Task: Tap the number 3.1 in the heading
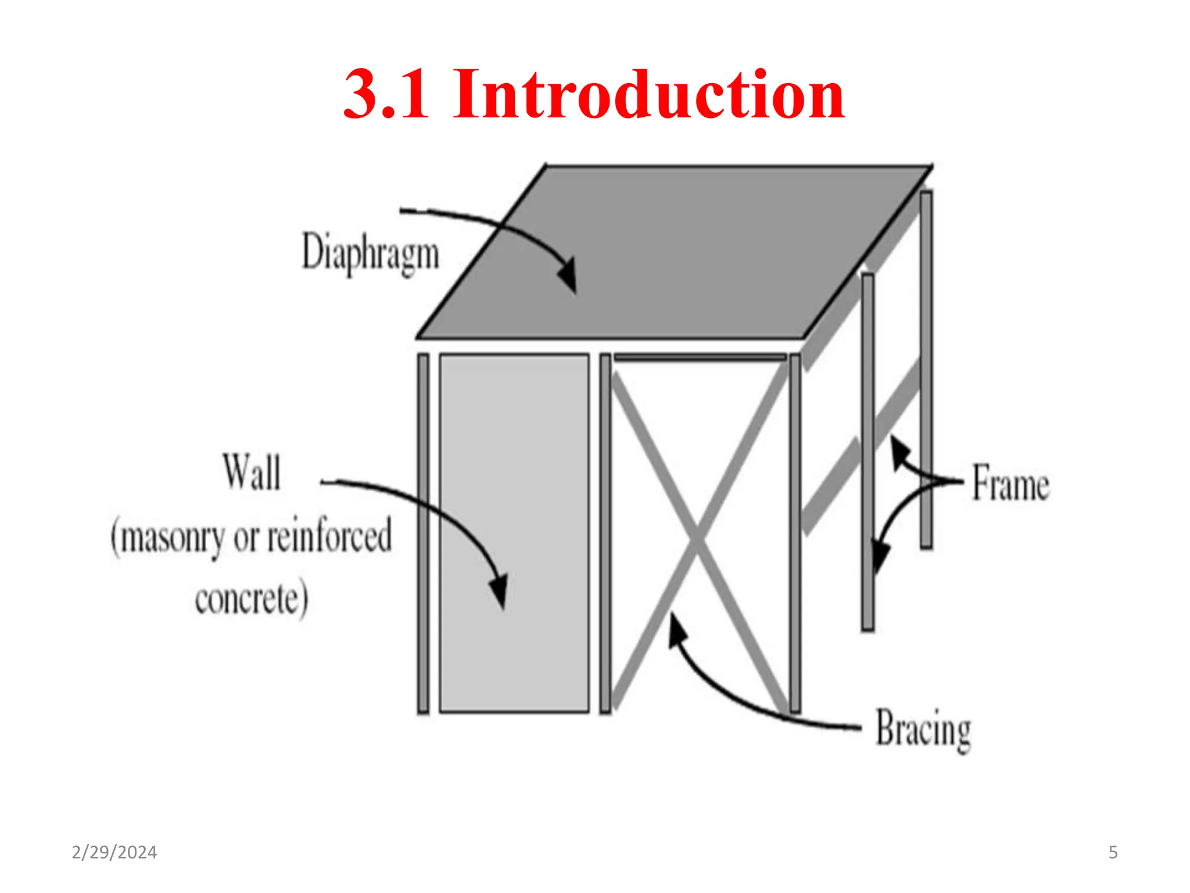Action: click(x=386, y=94)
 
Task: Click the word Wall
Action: click(x=252, y=472)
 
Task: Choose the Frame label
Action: click(x=1011, y=483)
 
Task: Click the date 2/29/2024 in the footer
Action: click(x=114, y=852)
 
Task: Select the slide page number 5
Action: click(x=1113, y=852)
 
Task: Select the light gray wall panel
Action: click(x=514, y=533)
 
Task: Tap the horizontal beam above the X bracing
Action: click(x=700, y=357)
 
